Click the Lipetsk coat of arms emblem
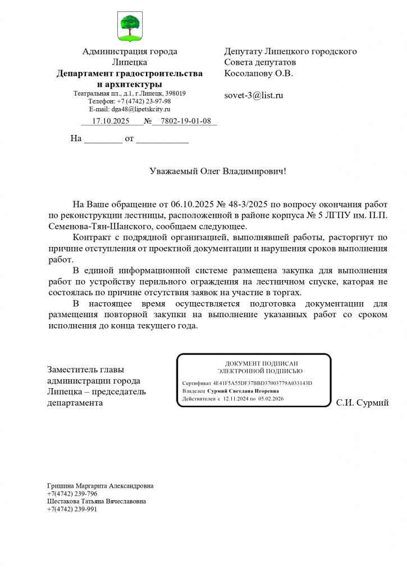tap(130, 26)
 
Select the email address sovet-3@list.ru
tap(254, 95)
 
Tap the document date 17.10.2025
tap(111, 121)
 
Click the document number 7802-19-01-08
tap(185, 121)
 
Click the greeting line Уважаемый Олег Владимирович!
tap(218, 170)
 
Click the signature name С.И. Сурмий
tap(362, 403)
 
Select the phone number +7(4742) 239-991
tap(72, 509)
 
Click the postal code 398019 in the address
tap(175, 93)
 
